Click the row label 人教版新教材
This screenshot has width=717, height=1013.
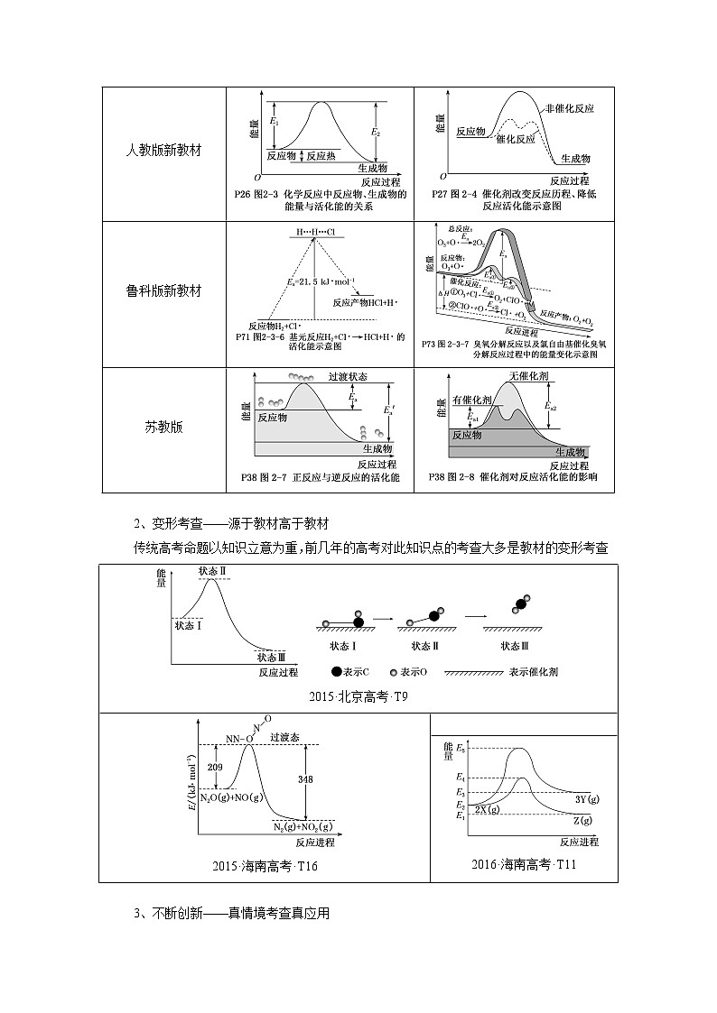(163, 151)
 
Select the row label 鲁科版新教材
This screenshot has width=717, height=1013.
(163, 291)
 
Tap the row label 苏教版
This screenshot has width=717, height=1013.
(163, 427)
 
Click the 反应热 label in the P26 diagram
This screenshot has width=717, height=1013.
(321, 155)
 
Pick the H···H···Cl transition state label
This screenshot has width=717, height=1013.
(310, 232)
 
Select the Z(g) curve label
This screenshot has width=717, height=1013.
(582, 819)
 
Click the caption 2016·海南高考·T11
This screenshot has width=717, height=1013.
(524, 864)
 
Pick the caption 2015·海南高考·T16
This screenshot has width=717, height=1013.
(265, 866)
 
